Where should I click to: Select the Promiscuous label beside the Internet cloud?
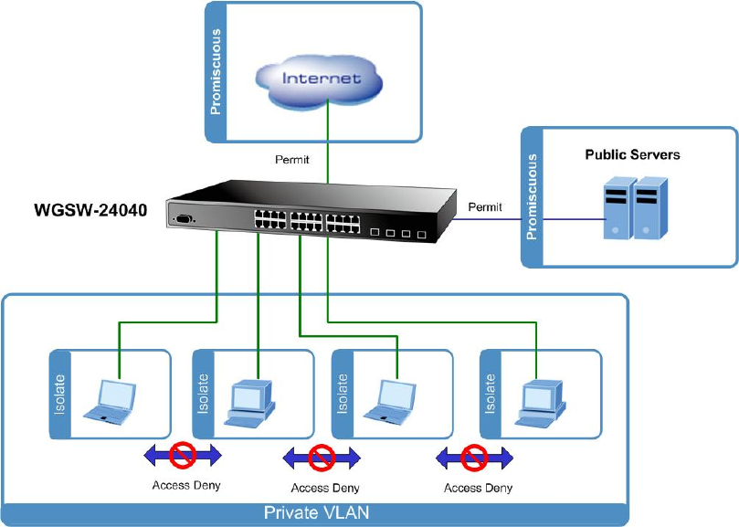(216, 72)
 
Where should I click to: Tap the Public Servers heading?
(632, 155)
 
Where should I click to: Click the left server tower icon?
(618, 214)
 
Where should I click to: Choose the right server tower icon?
(649, 214)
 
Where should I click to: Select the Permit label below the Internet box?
(292, 160)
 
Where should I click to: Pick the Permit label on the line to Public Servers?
(485, 207)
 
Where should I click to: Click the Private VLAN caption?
(315, 513)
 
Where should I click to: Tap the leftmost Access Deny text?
(186, 485)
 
